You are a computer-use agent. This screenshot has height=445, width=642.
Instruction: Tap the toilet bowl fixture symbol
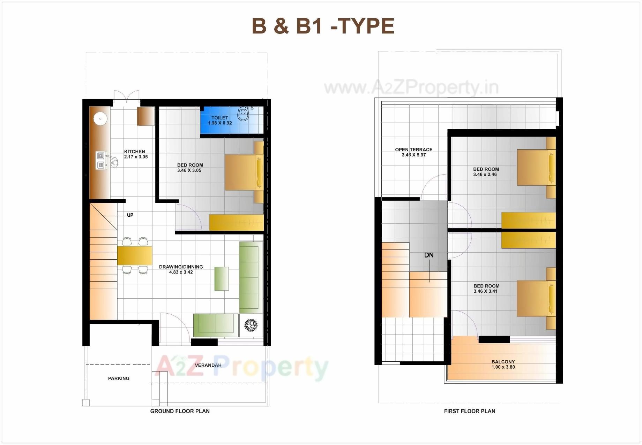coord(244,113)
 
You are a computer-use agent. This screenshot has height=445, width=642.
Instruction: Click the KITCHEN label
coord(135,151)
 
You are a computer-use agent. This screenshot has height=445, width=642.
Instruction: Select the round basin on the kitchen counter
coord(100,118)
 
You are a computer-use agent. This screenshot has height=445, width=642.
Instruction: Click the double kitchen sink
coord(101,160)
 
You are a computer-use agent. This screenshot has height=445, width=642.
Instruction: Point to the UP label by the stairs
coord(130,215)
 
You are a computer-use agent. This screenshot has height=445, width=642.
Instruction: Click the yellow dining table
coord(135,255)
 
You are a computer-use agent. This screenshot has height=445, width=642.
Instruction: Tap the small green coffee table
coord(222,278)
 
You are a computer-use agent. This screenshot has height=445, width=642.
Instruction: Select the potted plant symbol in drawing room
coord(251,325)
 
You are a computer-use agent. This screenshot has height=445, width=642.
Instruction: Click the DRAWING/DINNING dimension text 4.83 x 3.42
coord(181,272)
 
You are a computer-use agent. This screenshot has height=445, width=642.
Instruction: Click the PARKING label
coord(119,378)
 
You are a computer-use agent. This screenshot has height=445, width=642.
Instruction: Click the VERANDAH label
coord(208,365)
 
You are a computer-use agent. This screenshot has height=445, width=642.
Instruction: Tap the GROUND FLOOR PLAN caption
coord(180,411)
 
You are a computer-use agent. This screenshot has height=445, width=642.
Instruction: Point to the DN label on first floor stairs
coord(429,255)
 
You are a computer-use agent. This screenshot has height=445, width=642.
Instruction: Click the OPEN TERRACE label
coord(413,149)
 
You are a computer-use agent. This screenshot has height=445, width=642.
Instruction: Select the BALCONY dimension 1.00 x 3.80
coord(503,367)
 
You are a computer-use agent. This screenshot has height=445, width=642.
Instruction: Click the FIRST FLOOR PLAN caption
coord(469,411)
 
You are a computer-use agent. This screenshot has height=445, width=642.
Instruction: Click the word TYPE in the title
coord(367,26)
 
